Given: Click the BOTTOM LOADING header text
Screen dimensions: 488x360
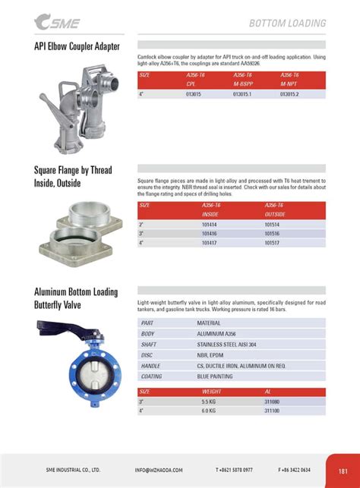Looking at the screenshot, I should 287,24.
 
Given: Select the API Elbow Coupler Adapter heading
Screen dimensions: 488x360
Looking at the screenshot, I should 77,46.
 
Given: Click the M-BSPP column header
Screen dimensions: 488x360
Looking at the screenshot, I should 243,83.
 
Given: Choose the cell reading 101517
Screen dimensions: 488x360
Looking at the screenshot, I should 273,243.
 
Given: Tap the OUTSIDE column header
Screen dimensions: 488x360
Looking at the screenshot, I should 275,214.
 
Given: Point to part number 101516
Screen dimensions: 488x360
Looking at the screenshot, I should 273,234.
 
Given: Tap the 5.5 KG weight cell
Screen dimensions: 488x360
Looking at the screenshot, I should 210,401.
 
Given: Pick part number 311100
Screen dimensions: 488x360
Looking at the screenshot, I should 272,410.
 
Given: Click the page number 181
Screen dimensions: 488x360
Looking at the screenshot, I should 343,470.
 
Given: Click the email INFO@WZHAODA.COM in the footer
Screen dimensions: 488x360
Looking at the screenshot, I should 163,470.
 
